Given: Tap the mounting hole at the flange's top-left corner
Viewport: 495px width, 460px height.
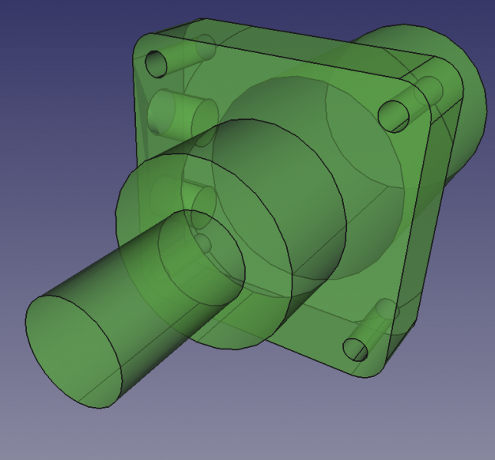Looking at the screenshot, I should pos(156,64).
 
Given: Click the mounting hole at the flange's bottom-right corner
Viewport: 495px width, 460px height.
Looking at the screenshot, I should pos(355,349).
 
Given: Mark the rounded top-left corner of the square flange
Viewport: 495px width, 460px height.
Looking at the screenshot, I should pos(143,42).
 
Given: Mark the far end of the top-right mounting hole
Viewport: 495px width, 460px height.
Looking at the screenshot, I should pos(431,91).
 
